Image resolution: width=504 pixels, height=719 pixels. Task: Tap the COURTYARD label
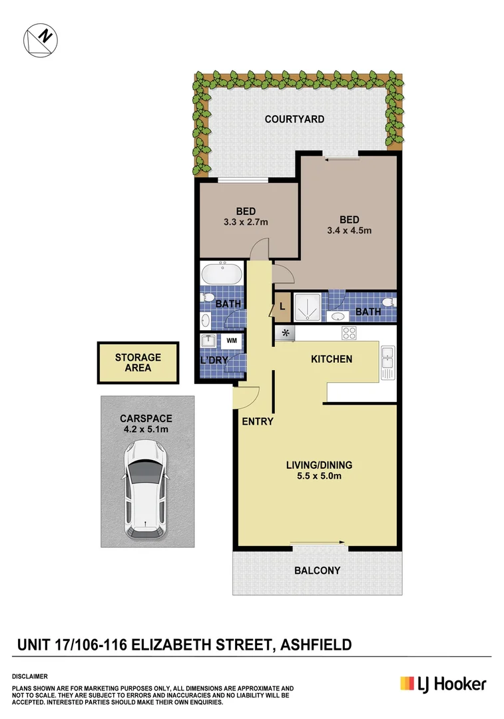294,119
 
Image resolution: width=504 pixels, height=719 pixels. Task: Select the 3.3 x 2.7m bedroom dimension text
247,222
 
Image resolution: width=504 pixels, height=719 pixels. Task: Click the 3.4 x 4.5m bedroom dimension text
349,231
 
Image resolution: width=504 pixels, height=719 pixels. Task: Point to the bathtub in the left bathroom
223,274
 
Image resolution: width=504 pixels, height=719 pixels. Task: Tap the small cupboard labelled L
282,307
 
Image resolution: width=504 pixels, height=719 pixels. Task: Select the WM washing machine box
232,341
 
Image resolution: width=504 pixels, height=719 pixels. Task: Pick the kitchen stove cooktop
350,333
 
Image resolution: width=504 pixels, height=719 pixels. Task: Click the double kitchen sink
387,362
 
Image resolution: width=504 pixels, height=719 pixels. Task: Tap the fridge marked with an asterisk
286,333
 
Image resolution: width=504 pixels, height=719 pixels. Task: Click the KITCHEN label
332,359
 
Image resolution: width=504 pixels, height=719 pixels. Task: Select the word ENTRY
257,421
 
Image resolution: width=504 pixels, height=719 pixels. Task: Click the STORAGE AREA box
138,362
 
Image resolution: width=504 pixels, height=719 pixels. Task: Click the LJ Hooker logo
443,684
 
